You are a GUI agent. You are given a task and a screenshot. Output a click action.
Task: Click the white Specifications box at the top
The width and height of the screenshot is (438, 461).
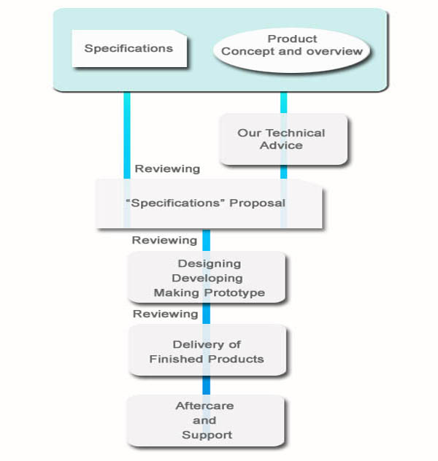pyautogui.click(x=128, y=49)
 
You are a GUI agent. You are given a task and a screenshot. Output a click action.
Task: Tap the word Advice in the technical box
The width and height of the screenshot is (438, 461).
pyautogui.click(x=281, y=145)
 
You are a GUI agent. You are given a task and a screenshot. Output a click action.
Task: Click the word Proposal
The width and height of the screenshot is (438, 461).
pyautogui.click(x=257, y=202)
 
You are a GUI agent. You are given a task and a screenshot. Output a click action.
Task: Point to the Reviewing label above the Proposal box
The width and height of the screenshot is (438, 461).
pyautogui.click(x=166, y=168)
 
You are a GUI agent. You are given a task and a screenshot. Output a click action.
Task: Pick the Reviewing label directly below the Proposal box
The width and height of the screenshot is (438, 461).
pyautogui.click(x=164, y=239)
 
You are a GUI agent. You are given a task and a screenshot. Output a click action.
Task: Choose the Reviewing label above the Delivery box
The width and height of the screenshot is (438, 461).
pyautogui.click(x=165, y=314)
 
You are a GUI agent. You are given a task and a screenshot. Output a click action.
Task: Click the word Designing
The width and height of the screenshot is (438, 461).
pyautogui.click(x=209, y=263)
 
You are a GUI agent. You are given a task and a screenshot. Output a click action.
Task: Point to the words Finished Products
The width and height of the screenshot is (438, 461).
pyautogui.click(x=207, y=359)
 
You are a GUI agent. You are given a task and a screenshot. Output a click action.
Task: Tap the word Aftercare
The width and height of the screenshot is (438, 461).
pyautogui.click(x=205, y=406)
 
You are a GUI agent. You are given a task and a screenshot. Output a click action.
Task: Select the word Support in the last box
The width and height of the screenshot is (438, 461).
pyautogui.click(x=207, y=435)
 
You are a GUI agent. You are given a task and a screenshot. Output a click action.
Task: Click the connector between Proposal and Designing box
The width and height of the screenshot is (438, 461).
pyautogui.click(x=206, y=240)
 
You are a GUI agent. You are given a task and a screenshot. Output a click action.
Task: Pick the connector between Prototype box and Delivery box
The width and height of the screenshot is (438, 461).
pyautogui.click(x=206, y=314)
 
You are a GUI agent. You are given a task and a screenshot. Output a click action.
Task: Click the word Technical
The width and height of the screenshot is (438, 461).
pyautogui.click(x=296, y=133)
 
